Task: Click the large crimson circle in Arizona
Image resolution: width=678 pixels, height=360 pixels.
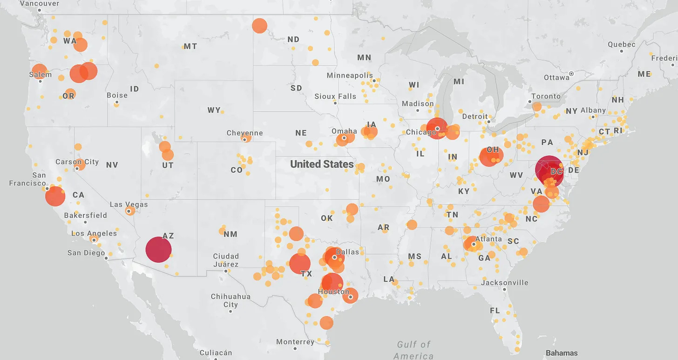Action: pos(159,250)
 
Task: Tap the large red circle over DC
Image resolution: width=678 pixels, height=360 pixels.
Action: pos(549,170)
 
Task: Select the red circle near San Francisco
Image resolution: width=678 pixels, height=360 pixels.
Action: pos(55,196)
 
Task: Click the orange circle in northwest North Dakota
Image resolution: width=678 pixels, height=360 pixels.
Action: pos(260,26)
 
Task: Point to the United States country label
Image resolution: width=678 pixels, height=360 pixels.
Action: pos(322,164)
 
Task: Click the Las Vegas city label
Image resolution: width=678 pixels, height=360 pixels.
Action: pos(129,204)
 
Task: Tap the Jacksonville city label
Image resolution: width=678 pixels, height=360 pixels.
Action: pos(505,283)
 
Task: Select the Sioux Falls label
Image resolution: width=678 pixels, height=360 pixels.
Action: pos(335,96)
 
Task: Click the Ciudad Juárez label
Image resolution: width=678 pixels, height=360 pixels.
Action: pos(226,260)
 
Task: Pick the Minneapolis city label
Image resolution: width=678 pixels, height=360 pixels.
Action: pos(350,75)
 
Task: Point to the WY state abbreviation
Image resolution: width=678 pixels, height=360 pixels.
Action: pos(214,110)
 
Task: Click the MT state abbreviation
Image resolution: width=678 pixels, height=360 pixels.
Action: pos(190,47)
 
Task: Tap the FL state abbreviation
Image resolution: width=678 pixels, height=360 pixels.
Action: pos(495,311)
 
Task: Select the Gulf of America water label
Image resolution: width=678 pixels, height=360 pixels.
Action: pos(414,350)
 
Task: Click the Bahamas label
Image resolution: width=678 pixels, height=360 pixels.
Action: pos(562,353)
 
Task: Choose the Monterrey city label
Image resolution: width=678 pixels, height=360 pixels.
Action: pos(295,342)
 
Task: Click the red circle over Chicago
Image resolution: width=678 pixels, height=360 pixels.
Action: pos(437,128)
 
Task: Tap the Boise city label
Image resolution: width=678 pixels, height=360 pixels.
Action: pos(117,95)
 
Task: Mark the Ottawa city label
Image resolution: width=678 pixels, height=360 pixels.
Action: pos(557,77)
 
